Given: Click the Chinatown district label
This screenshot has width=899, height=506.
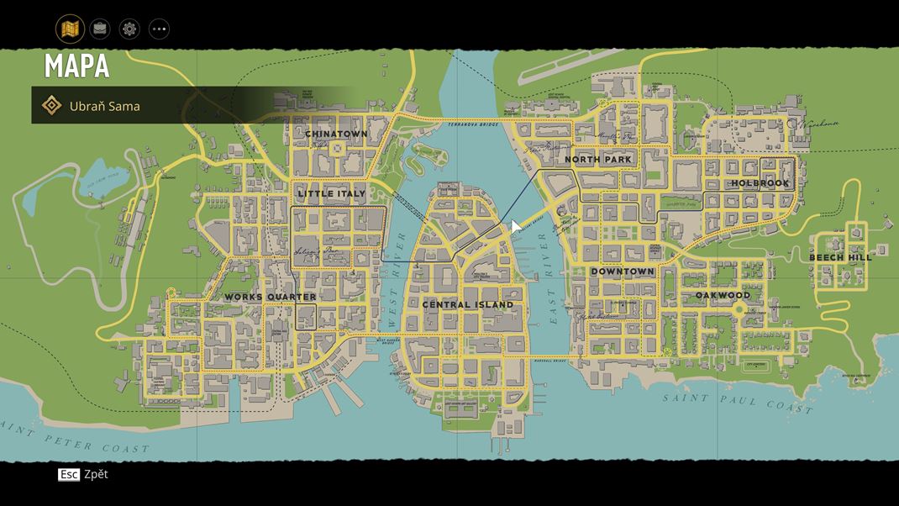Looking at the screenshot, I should click(336, 134).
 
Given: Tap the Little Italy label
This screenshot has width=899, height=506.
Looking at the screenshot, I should click(332, 193).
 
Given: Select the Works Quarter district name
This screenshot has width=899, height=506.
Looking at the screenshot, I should click(271, 297).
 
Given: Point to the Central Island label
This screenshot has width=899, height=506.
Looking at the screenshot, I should click(468, 304).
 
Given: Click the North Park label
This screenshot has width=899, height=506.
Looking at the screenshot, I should click(598, 159).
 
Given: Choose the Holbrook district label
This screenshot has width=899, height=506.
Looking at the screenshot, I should click(760, 183).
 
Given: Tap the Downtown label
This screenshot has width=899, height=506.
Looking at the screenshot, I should click(623, 271).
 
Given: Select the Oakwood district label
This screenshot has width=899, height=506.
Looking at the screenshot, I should click(723, 296).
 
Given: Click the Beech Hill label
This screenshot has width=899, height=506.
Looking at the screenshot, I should click(840, 257).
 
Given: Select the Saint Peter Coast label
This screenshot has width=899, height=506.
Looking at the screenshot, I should click(76, 438).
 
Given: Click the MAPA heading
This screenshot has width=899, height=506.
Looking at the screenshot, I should click(76, 66).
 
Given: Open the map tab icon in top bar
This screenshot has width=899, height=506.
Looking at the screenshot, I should click(70, 29).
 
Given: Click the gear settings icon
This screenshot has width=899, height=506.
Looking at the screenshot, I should click(129, 29).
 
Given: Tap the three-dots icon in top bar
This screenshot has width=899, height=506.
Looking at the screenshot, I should click(159, 29).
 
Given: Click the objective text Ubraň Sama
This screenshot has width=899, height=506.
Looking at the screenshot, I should click(105, 106).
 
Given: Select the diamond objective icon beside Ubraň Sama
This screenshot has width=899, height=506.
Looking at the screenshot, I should click(51, 106).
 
